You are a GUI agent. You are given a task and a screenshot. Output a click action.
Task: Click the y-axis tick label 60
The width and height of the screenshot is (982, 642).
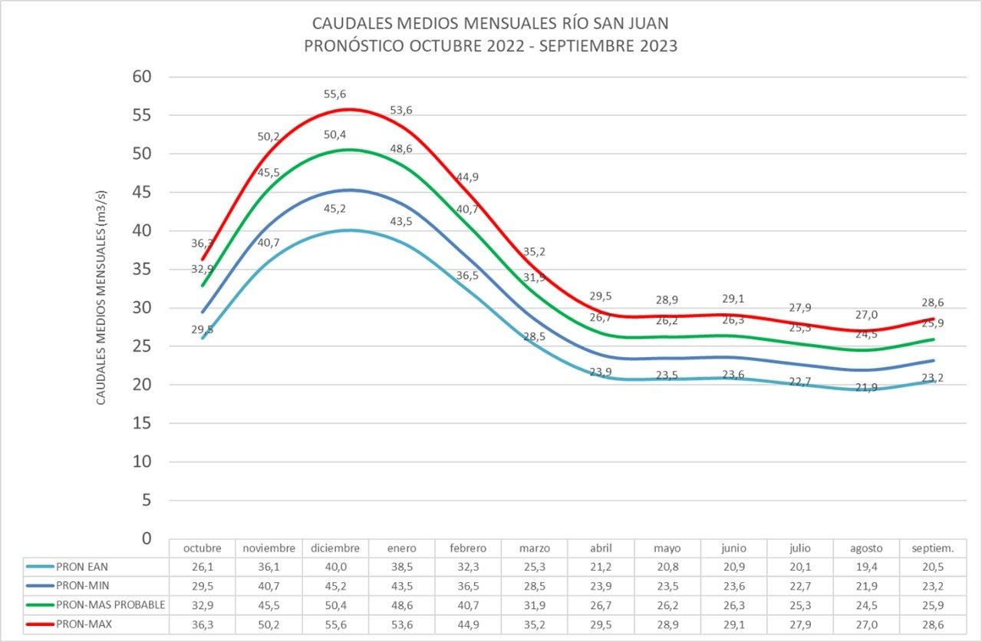point(142,77)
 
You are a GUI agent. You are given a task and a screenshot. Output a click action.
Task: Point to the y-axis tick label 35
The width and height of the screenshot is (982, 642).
point(142,270)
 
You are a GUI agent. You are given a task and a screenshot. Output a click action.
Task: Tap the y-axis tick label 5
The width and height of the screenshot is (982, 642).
point(146,501)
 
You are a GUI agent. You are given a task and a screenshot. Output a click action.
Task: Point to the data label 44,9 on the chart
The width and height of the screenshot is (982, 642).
point(467,177)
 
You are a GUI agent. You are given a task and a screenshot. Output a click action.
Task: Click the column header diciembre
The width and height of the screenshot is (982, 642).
point(335,548)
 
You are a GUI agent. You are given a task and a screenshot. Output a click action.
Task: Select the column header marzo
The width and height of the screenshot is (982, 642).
point(534,548)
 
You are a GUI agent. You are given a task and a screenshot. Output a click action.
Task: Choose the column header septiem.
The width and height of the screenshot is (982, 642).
point(932,548)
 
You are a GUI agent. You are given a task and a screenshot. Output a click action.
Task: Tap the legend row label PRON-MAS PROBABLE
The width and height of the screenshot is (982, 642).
point(110,605)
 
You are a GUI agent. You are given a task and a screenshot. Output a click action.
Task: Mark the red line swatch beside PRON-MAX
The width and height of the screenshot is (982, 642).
point(39,624)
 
